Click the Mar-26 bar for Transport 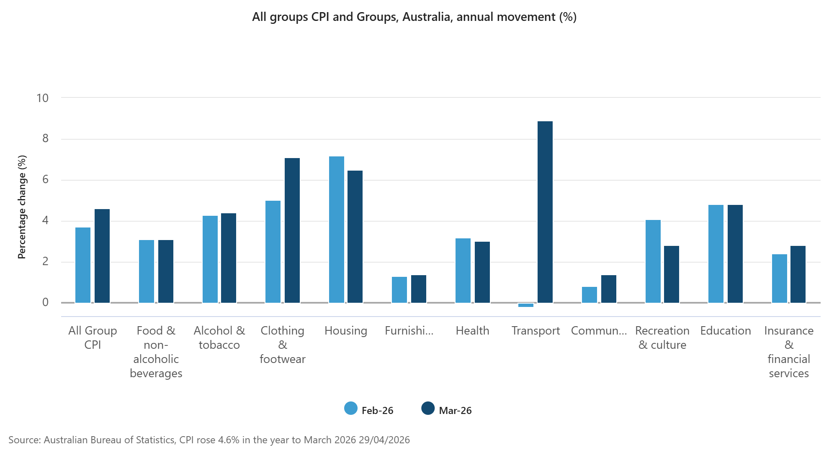pyautogui.click(x=545, y=212)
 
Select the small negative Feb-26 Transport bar pyautogui.click(x=525, y=305)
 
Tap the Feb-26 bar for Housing pyautogui.click(x=336, y=230)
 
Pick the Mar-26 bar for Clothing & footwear pyautogui.click(x=292, y=230)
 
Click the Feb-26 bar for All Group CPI pyautogui.click(x=82, y=265)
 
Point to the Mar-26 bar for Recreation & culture pyautogui.click(x=671, y=274)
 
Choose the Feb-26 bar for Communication pyautogui.click(x=589, y=295)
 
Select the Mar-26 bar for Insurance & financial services pyautogui.click(x=798, y=274)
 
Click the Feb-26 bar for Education pyautogui.click(x=716, y=254)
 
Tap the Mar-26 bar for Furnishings pyautogui.click(x=418, y=289)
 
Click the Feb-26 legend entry pyautogui.click(x=369, y=410)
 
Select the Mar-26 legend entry pyautogui.click(x=447, y=410)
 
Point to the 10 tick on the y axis pyautogui.click(x=43, y=98)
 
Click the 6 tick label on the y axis pyautogui.click(x=45, y=180)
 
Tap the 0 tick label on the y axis pyautogui.click(x=45, y=302)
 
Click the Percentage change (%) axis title pyautogui.click(x=22, y=207)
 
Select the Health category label pyautogui.click(x=472, y=331)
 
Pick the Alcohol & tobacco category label pyautogui.click(x=219, y=337)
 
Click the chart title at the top pyautogui.click(x=414, y=17)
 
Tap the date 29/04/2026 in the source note pyautogui.click(x=384, y=440)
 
